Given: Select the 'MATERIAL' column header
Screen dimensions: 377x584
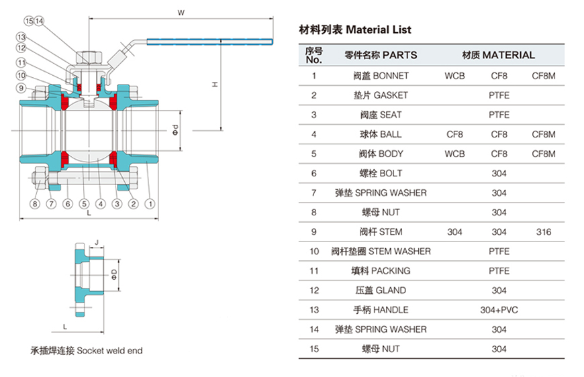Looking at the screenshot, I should point(499,55).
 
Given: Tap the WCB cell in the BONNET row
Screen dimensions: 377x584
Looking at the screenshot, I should point(454,76).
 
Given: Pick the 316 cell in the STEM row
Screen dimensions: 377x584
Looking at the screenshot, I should point(544,232).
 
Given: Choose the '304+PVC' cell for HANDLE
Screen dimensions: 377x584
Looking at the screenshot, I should point(499,310).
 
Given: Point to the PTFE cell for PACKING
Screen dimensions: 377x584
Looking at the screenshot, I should point(499,271).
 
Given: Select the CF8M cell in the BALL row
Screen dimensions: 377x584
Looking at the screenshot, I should point(544,134).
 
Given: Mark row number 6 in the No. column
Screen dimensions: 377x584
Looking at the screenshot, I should point(314,173).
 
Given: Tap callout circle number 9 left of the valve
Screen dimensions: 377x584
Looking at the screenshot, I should point(21,88).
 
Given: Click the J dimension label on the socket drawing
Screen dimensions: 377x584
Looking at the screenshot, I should point(97,242).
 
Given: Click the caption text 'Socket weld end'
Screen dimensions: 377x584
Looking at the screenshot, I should point(109,351).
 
